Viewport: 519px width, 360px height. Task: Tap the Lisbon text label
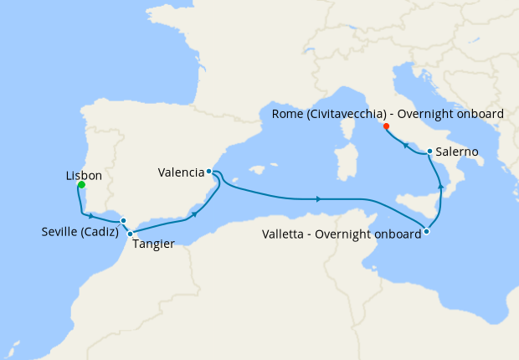click(x=84, y=176)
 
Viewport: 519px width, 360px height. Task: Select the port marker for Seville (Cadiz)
click(x=124, y=221)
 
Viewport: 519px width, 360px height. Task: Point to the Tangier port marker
click(x=131, y=234)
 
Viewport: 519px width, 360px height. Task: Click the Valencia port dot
click(x=208, y=172)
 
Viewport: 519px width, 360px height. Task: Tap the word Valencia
click(x=181, y=173)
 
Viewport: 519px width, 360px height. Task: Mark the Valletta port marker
click(x=427, y=231)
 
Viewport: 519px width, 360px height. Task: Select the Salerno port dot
click(x=429, y=152)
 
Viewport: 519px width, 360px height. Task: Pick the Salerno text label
click(x=457, y=152)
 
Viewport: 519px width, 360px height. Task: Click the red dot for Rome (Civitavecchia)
click(x=386, y=126)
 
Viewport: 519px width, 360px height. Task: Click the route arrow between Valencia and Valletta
click(x=318, y=198)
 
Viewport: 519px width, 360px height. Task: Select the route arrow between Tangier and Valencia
click(x=195, y=213)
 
